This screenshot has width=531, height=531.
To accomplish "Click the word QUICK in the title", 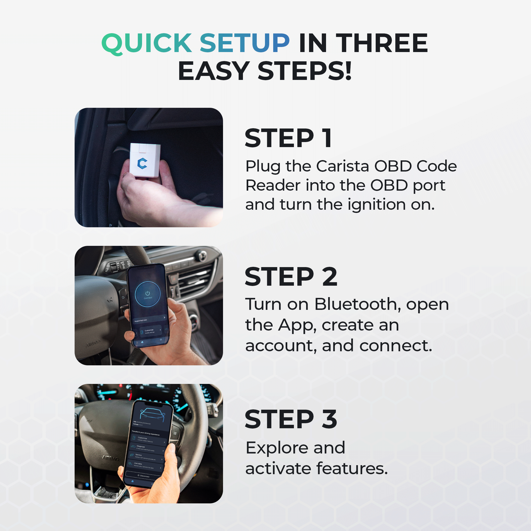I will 147,43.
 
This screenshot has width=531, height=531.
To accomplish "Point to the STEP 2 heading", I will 291,277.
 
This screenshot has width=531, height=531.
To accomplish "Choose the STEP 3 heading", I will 291,419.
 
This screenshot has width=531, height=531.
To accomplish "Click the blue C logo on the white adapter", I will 142,163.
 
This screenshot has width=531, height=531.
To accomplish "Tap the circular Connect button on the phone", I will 148,294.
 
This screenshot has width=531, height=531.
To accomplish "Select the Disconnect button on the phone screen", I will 143,476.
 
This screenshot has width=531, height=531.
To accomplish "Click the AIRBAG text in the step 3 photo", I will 110,458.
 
